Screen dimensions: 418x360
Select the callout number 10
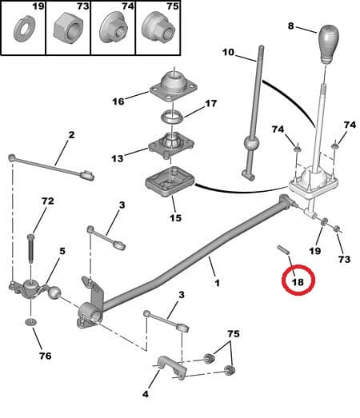tap(228, 53)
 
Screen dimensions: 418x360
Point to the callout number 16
tap(118, 102)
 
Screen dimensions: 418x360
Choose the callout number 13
tap(118, 158)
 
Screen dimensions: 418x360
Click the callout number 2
tap(70, 135)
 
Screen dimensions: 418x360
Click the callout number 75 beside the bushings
tap(233, 333)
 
